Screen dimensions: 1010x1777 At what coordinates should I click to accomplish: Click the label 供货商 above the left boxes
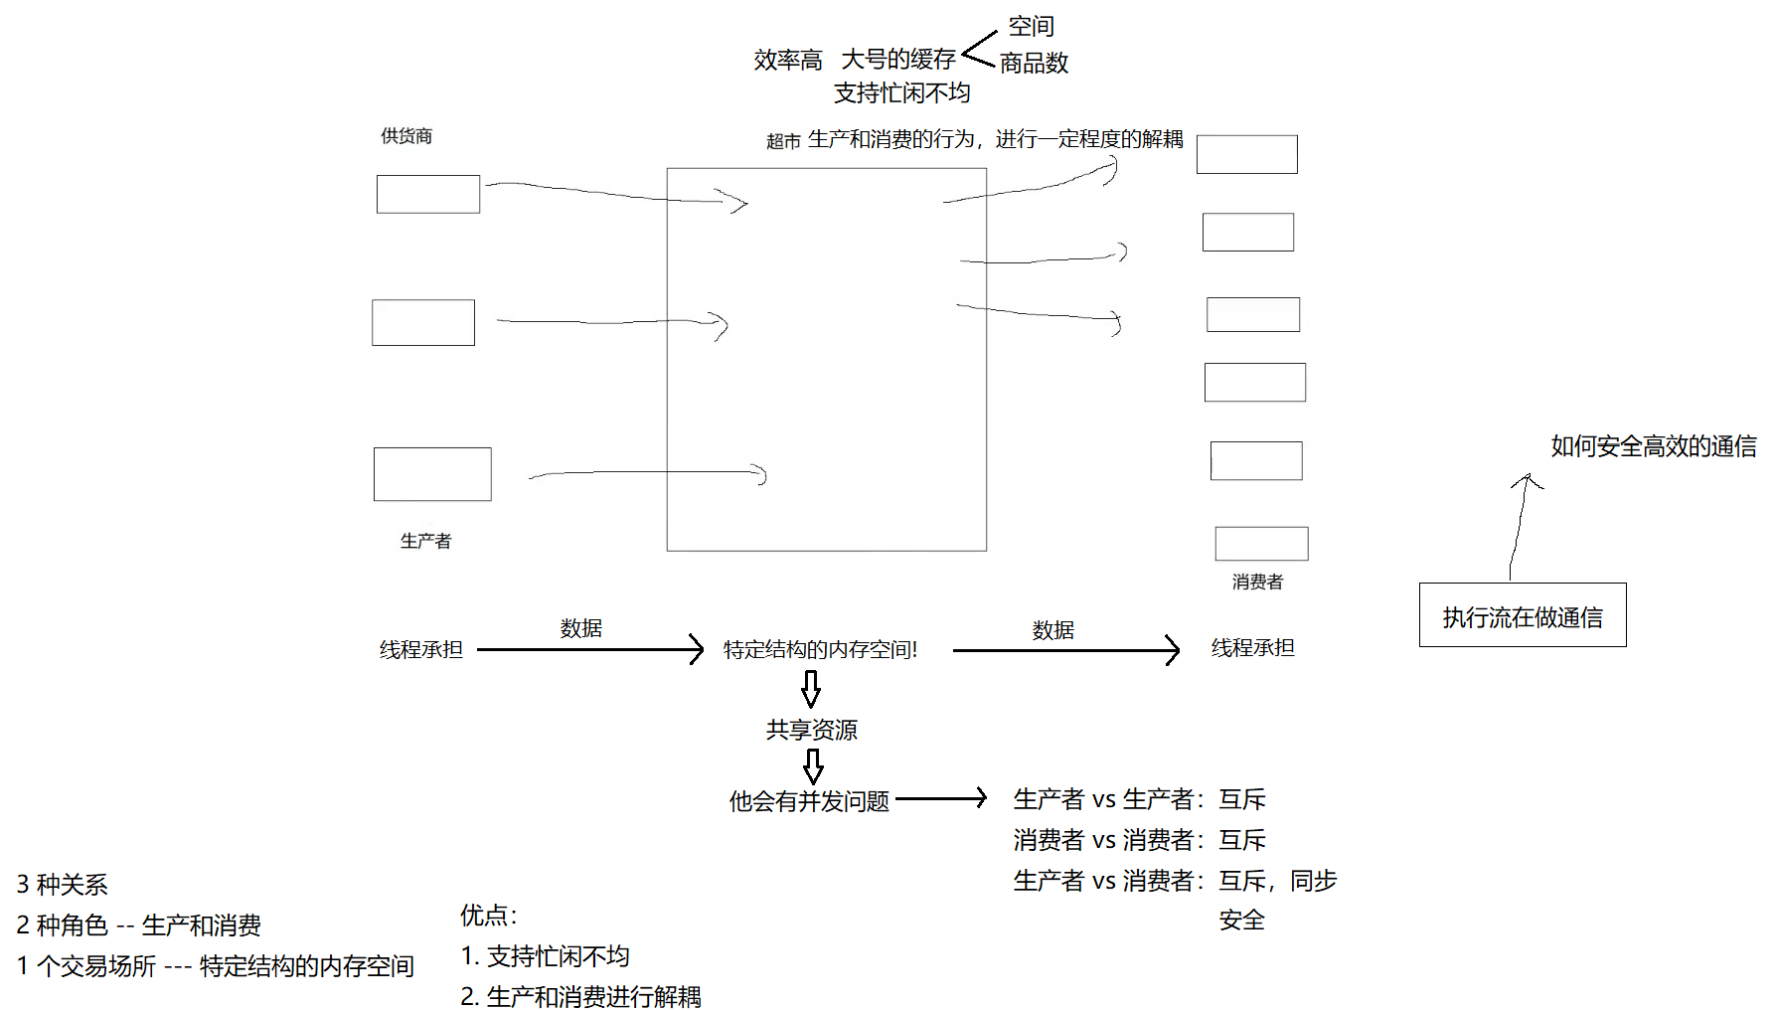pyautogui.click(x=406, y=136)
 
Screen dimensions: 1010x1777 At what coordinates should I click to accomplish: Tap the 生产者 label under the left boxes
pyautogui.click(x=425, y=541)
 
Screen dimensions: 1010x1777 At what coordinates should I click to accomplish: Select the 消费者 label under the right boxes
pyautogui.click(x=1257, y=582)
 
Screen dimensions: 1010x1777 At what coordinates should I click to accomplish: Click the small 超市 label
pyautogui.click(x=783, y=142)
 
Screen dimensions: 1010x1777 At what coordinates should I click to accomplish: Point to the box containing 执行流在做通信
pyautogui.click(x=1522, y=615)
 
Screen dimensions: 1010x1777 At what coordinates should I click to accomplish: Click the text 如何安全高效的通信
pyautogui.click(x=1653, y=446)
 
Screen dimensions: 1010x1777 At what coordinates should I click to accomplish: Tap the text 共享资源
pyautogui.click(x=811, y=730)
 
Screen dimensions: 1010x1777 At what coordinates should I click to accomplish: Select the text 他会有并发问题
pyautogui.click(x=809, y=801)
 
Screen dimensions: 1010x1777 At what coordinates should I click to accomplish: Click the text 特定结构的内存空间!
pyautogui.click(x=820, y=650)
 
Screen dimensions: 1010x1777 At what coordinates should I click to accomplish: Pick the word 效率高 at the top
pyautogui.click(x=787, y=61)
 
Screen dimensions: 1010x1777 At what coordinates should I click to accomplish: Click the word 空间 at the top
pyautogui.click(x=1031, y=26)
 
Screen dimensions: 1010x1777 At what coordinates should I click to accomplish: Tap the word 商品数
pyautogui.click(x=1034, y=63)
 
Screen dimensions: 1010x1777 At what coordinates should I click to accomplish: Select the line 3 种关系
pyautogui.click(x=62, y=885)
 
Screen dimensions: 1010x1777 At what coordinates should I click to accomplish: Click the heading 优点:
pyautogui.click(x=488, y=916)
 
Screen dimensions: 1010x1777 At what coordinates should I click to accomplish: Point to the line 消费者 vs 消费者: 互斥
pyautogui.click(x=1139, y=840)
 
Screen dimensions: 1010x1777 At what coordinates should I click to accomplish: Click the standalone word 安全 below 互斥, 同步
pyautogui.click(x=1241, y=921)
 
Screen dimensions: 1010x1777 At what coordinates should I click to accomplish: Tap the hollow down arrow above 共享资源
pyautogui.click(x=811, y=688)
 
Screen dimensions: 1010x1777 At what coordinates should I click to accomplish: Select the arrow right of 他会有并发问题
pyautogui.click(x=940, y=798)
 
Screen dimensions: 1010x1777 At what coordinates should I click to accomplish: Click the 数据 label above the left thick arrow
pyautogui.click(x=580, y=628)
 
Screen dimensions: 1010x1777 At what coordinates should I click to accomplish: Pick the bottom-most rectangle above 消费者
pyautogui.click(x=1261, y=544)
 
